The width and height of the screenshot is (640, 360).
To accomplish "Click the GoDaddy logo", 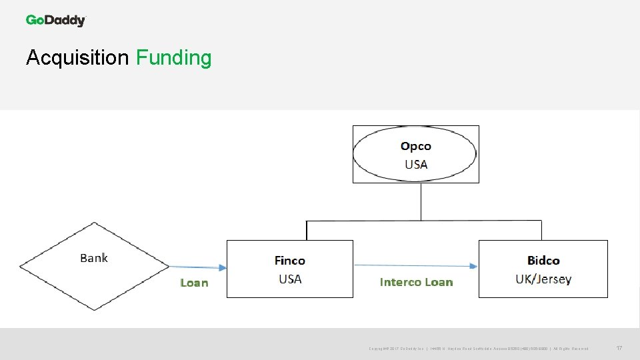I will pyautogui.click(x=56, y=21).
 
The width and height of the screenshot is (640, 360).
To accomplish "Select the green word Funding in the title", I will pyautogui.click(x=173, y=58).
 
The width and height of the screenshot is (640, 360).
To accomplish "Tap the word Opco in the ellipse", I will pyautogui.click(x=415, y=146).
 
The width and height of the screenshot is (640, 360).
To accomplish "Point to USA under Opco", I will pyautogui.click(x=415, y=164).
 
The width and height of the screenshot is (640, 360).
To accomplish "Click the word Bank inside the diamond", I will pyautogui.click(x=93, y=258).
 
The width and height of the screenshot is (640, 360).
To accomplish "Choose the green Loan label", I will pyautogui.click(x=194, y=283).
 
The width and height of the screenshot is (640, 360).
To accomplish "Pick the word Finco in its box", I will pyautogui.click(x=289, y=261).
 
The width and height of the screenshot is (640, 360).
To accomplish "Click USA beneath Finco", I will pyautogui.click(x=289, y=279).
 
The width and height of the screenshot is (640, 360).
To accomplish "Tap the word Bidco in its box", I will pyautogui.click(x=543, y=261).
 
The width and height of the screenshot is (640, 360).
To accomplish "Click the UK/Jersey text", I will pyautogui.click(x=543, y=279).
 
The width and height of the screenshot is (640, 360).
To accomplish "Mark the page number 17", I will pyautogui.click(x=619, y=348).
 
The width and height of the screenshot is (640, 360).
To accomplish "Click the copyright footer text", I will pyautogui.click(x=478, y=349).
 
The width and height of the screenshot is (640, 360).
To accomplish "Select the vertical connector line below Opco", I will pyautogui.click(x=421, y=201).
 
